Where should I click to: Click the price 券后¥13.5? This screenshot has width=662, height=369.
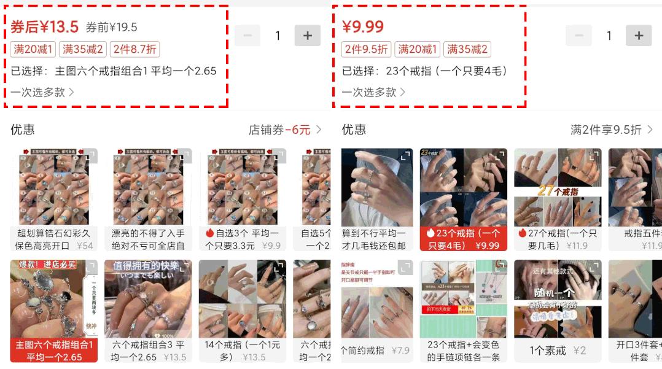(x=45, y=26)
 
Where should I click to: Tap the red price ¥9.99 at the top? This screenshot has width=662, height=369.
(x=363, y=27)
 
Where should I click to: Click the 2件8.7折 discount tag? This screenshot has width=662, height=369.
(x=134, y=49)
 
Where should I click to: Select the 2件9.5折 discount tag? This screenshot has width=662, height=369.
(x=366, y=49)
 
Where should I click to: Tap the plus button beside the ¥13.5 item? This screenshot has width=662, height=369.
(x=308, y=36)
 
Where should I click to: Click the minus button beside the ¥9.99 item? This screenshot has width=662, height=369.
(x=578, y=36)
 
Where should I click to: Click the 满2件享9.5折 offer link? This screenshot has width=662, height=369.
(x=610, y=130)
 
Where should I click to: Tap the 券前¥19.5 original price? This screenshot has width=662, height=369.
(x=111, y=28)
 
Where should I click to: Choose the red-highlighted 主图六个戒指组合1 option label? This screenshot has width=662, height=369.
(x=53, y=351)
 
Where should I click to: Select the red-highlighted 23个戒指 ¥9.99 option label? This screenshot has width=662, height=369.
(x=463, y=239)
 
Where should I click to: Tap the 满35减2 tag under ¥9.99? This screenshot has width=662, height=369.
(x=467, y=49)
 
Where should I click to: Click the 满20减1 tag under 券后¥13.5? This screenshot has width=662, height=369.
(x=33, y=49)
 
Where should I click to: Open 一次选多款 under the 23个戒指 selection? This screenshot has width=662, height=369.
(x=373, y=92)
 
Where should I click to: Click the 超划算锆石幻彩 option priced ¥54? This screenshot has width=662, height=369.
(x=53, y=239)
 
